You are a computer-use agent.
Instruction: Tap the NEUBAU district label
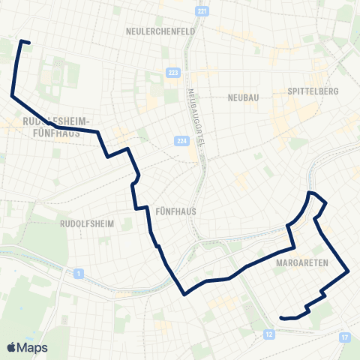243,97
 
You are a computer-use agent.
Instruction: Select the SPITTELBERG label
312,91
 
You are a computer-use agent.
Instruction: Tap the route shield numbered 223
174,72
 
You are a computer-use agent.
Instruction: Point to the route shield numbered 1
77,274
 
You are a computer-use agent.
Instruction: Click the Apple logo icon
12,347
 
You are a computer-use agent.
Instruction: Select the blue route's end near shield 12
280,318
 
